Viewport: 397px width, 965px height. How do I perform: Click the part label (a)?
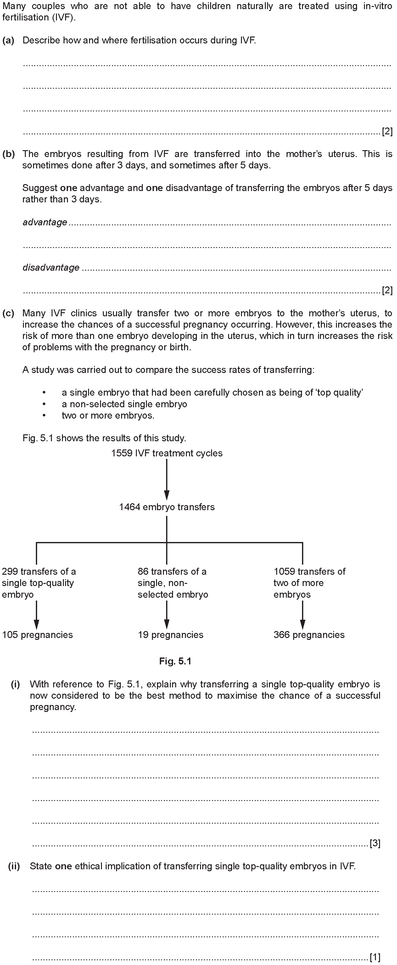pos(8,41)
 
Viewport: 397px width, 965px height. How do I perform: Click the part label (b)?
pos(8,154)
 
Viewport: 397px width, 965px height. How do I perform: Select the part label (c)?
pos(8,313)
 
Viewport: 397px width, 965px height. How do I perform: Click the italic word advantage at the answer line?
pos(45,223)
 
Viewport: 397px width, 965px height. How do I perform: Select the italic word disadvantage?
pos(51,268)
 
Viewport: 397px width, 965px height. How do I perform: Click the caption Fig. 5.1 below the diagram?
pos(175,661)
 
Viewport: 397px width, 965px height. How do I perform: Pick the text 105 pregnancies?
pos(37,635)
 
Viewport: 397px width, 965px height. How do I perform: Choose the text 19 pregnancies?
pos(171,635)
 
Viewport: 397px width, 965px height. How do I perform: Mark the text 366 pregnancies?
pos(309,635)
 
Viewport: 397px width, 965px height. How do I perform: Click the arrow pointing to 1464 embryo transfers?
pos(167,480)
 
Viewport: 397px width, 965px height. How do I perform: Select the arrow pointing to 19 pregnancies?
pos(167,615)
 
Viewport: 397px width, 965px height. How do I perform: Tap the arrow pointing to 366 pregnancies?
pos(303,615)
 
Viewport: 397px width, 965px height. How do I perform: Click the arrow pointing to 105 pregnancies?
pos(36,615)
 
